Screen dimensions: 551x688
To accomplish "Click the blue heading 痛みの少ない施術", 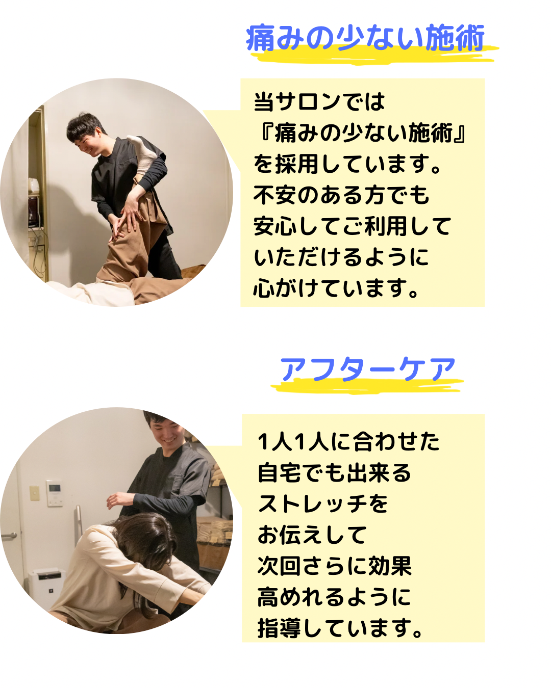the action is tap(365, 38).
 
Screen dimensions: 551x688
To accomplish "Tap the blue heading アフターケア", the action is tap(367, 369).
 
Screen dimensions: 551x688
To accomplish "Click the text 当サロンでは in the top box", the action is tap(319, 102).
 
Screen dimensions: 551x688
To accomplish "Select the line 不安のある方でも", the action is tap(341, 195).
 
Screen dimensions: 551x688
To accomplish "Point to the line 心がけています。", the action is tap(336, 288).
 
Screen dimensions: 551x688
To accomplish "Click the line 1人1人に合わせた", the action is tap(348, 441).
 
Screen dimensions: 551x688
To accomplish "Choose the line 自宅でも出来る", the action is tap(334, 472).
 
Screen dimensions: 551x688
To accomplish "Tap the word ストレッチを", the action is tap(323, 504).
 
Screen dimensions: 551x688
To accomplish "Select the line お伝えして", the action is tap(312, 535).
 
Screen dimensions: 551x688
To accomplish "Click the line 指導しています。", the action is tap(340, 628).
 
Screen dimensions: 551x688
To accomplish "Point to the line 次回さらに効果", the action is tap(335, 566).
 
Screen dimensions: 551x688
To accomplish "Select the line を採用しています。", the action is tap(347, 164).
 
